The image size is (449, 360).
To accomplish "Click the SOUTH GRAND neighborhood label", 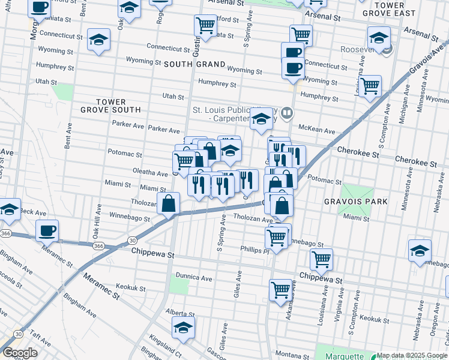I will pyautogui.click(x=194, y=64).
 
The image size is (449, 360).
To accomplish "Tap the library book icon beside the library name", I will pyautogui.click(x=288, y=112).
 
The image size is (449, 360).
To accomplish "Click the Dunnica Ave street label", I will pyautogui.click(x=194, y=278).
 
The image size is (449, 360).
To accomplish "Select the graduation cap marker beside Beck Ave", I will pyautogui.click(x=10, y=209).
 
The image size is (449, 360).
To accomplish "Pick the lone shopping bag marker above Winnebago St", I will pyautogui.click(x=169, y=203).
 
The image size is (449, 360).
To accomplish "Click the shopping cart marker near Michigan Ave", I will pyautogui.click(x=370, y=86).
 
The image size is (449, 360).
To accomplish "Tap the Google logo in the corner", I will pyautogui.click(x=20, y=353).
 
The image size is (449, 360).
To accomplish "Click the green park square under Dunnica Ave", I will pyautogui.click(x=179, y=285).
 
